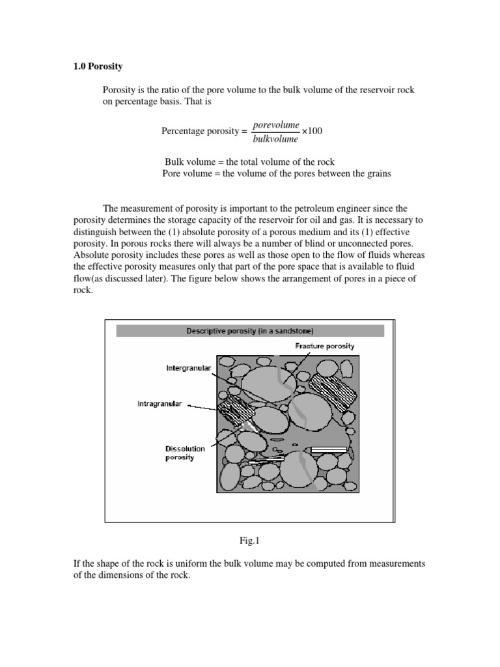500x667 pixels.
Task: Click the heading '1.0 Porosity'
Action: [96, 66]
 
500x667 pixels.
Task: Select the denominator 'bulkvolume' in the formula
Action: [275, 139]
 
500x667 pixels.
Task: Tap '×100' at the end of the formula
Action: [311, 131]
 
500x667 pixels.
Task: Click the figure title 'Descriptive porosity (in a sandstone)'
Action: [250, 331]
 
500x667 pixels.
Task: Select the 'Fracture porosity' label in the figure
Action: [324, 346]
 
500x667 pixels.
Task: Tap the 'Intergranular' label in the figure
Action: [189, 368]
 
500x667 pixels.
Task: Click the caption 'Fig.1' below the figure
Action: [250, 540]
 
